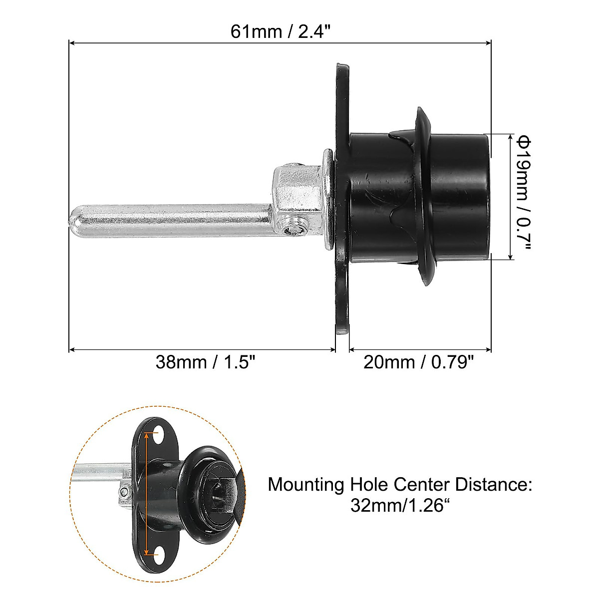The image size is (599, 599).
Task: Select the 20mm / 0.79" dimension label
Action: [x=418, y=361]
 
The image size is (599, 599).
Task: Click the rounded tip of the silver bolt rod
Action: [x=75, y=221]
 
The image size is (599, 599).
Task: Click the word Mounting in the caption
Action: [x=305, y=485]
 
